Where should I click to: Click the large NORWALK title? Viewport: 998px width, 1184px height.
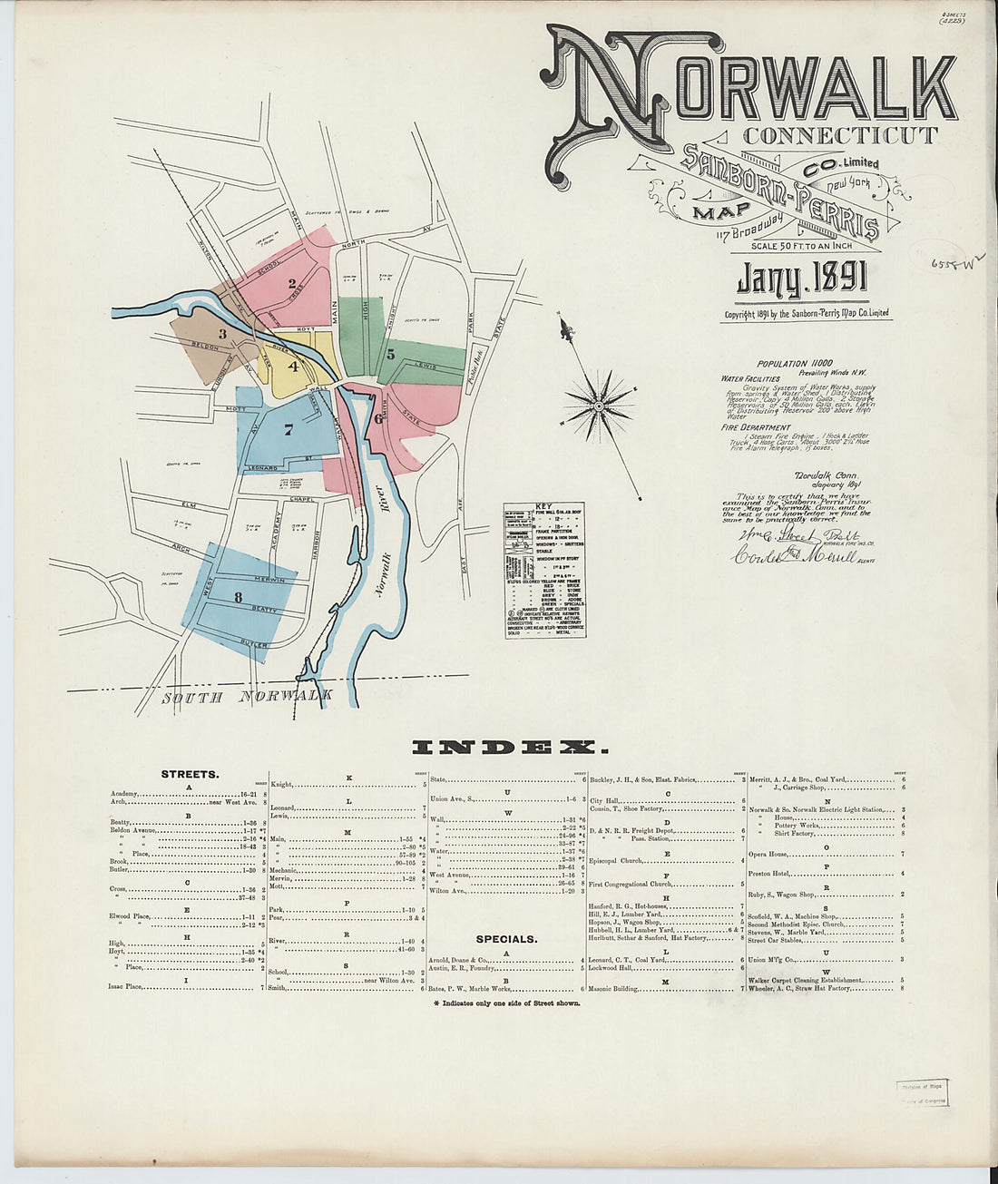pos(753,86)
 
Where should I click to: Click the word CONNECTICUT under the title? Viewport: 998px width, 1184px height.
pos(840,137)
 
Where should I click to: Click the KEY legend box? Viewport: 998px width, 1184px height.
pos(544,570)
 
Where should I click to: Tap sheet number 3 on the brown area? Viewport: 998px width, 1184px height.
pos(221,334)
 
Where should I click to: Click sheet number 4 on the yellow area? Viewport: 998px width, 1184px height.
pos(293,367)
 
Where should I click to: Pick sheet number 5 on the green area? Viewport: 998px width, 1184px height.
pos(390,354)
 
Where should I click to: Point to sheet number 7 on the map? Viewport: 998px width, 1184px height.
pos(288,430)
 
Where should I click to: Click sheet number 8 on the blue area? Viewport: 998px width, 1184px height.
pos(238,597)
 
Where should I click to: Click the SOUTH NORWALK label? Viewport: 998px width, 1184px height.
pos(247,697)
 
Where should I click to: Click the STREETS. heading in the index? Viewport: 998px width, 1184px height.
pos(190,775)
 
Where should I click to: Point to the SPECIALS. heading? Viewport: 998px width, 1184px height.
pos(506,939)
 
